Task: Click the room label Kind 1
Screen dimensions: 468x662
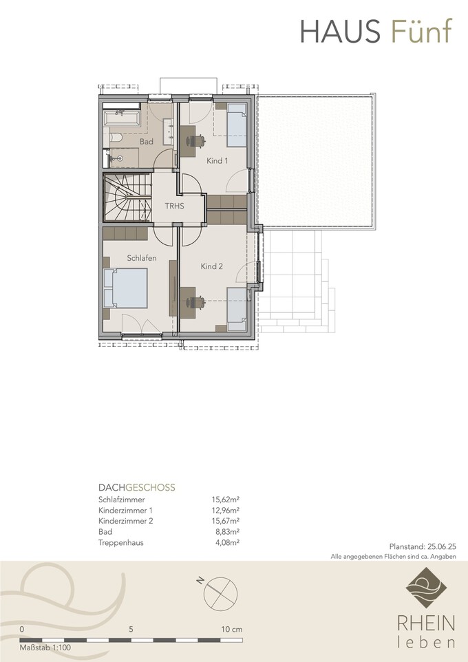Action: [217, 160]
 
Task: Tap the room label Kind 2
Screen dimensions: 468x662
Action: [211, 266]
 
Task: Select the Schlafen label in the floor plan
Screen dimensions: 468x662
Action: [142, 258]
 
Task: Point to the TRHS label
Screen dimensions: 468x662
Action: [174, 206]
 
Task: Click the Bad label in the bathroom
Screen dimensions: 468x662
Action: [147, 142]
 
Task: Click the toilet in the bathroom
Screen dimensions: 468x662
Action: [116, 138]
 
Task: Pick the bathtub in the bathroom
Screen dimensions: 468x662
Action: [122, 118]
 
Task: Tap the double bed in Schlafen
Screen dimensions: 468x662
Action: [125, 288]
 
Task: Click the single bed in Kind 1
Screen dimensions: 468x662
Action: [237, 125]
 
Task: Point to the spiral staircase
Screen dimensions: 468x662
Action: [127, 197]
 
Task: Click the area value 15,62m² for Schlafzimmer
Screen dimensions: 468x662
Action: [226, 500]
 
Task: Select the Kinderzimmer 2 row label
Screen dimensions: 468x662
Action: [126, 521]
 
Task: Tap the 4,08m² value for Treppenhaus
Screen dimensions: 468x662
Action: [227, 542]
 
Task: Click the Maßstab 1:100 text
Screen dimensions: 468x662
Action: [45, 648]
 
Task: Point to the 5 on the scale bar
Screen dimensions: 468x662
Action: [131, 629]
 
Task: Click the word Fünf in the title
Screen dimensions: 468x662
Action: [421, 31]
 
